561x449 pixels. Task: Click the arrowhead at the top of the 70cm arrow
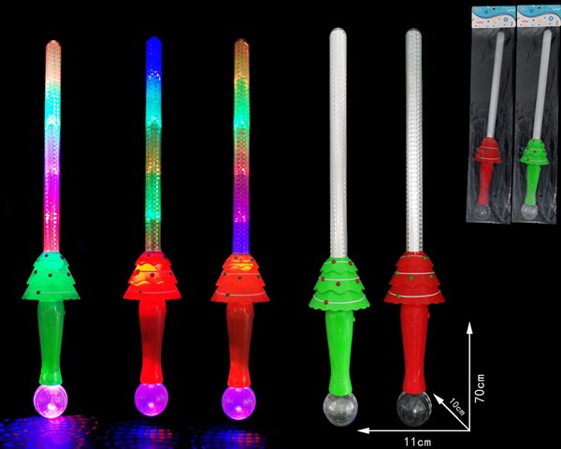coord(469,326)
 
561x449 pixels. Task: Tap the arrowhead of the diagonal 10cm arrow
coord(438,398)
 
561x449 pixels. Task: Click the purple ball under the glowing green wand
coord(50,400)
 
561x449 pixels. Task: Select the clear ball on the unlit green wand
coord(339,409)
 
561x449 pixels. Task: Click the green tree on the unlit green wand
coord(338,284)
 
